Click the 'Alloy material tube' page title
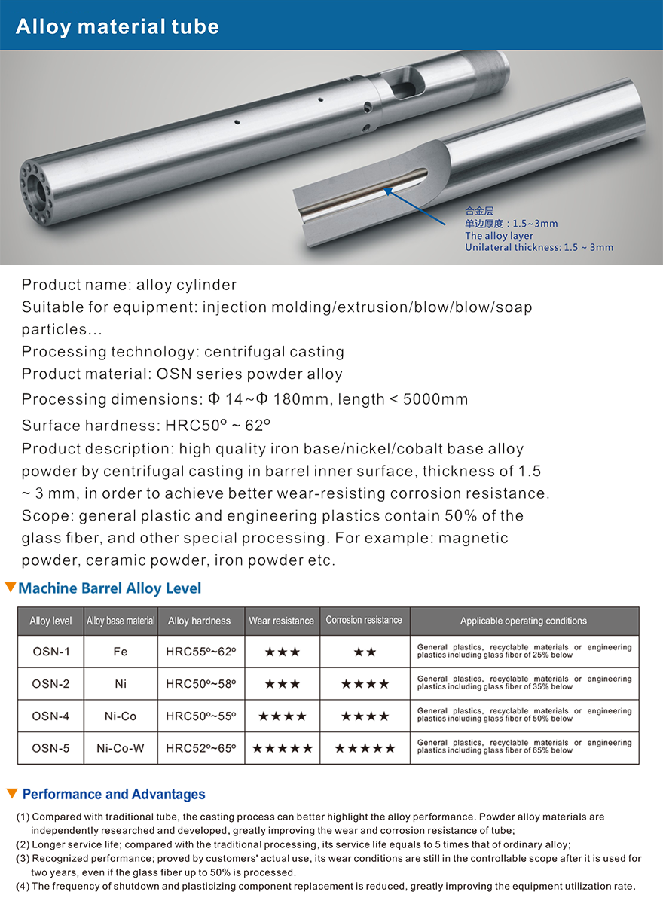click(x=118, y=27)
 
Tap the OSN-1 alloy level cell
click(x=50, y=652)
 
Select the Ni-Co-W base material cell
click(x=121, y=748)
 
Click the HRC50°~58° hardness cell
click(x=200, y=684)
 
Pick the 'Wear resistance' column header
click(x=282, y=621)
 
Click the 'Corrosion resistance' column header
click(x=364, y=620)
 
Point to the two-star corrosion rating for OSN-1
click(x=365, y=652)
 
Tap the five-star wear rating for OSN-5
click(x=282, y=749)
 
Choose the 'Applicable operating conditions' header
click(x=524, y=621)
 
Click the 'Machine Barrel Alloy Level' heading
click(x=110, y=588)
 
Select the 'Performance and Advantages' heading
click(x=114, y=794)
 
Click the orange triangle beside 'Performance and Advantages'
click(x=11, y=793)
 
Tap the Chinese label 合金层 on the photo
click(x=478, y=211)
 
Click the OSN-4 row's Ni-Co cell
click(x=121, y=716)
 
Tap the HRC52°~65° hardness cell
click(x=200, y=748)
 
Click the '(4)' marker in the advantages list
click(x=23, y=886)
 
